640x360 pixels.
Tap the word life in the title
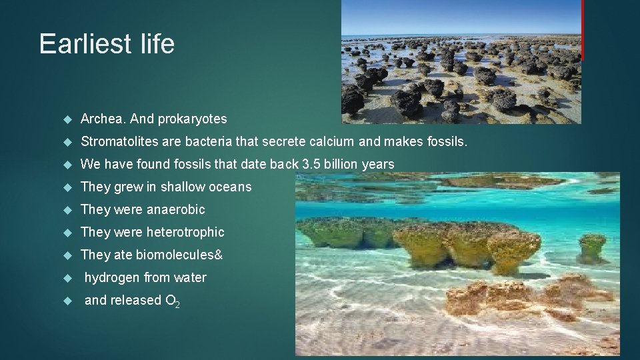(x=158, y=44)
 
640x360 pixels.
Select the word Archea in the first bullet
(x=103, y=119)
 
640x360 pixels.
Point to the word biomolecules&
(x=179, y=255)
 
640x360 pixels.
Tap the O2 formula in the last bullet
(x=172, y=301)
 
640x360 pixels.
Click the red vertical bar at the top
(x=583, y=29)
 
